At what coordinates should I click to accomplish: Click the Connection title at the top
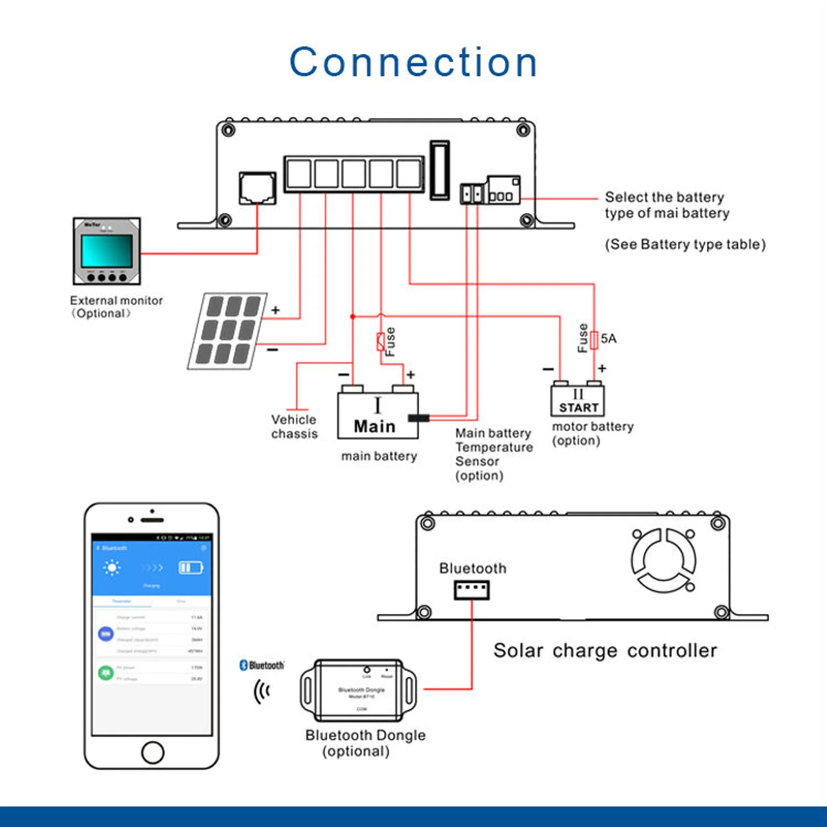pos(413,62)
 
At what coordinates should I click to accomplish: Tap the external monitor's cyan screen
pos(106,251)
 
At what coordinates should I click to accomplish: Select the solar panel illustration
pos(227,331)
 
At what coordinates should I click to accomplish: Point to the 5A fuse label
pos(608,339)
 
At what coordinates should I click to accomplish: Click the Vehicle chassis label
pos(294,427)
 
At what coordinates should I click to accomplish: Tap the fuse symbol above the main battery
pos(381,342)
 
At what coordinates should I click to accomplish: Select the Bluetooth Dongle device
pos(358,690)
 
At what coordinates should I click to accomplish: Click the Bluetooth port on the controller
pos(472,589)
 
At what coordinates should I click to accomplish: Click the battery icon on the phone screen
pos(190,568)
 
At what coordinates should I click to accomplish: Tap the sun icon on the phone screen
pos(112,568)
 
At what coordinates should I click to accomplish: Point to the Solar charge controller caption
pos(605,651)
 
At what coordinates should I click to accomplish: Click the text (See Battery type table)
pos(685,244)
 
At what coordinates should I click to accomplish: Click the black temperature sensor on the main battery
pos(418,418)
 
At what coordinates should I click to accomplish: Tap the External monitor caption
pos(116,307)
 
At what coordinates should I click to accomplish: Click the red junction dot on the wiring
pos(353,316)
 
